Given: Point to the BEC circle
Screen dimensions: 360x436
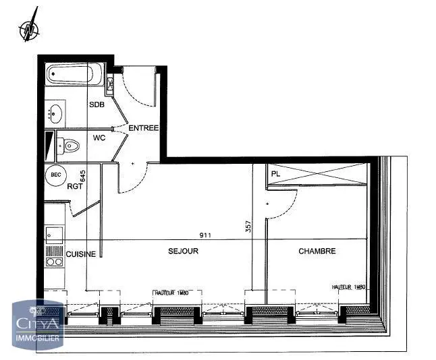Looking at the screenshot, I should point(56,175).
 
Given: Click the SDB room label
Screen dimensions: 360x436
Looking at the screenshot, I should point(97,104).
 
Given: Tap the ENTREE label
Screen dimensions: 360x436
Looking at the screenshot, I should point(143,128).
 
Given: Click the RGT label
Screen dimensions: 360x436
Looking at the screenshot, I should point(74,187).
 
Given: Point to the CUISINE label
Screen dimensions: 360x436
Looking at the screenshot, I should point(80,253).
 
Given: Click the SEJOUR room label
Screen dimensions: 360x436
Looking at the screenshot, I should point(183,251).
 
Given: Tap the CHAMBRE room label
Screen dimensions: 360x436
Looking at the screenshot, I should point(317,251).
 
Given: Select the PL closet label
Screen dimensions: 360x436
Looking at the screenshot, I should point(275,173).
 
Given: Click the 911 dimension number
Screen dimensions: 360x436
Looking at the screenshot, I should point(204,235).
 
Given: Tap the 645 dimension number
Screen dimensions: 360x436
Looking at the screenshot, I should point(83,177).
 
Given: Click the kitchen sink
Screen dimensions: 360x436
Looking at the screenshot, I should point(53,233).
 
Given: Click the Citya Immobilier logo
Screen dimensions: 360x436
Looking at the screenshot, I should point(38,323).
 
